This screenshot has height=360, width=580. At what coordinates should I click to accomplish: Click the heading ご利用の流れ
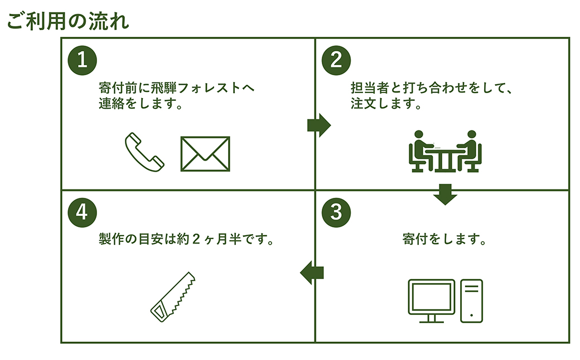coord(68,21)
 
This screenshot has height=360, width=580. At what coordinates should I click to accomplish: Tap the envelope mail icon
coord(205,154)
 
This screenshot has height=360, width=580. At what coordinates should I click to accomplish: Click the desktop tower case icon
coord(471,301)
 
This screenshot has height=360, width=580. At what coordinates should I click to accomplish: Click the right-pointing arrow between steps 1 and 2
coord(319,125)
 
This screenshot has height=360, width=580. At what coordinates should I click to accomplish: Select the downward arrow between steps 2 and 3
coord(445,194)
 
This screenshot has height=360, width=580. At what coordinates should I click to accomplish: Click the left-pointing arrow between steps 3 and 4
coord(312,273)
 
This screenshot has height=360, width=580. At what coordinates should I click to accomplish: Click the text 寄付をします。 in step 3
coord(444,240)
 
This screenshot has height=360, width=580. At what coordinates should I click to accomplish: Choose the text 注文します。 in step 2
coord(386,104)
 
